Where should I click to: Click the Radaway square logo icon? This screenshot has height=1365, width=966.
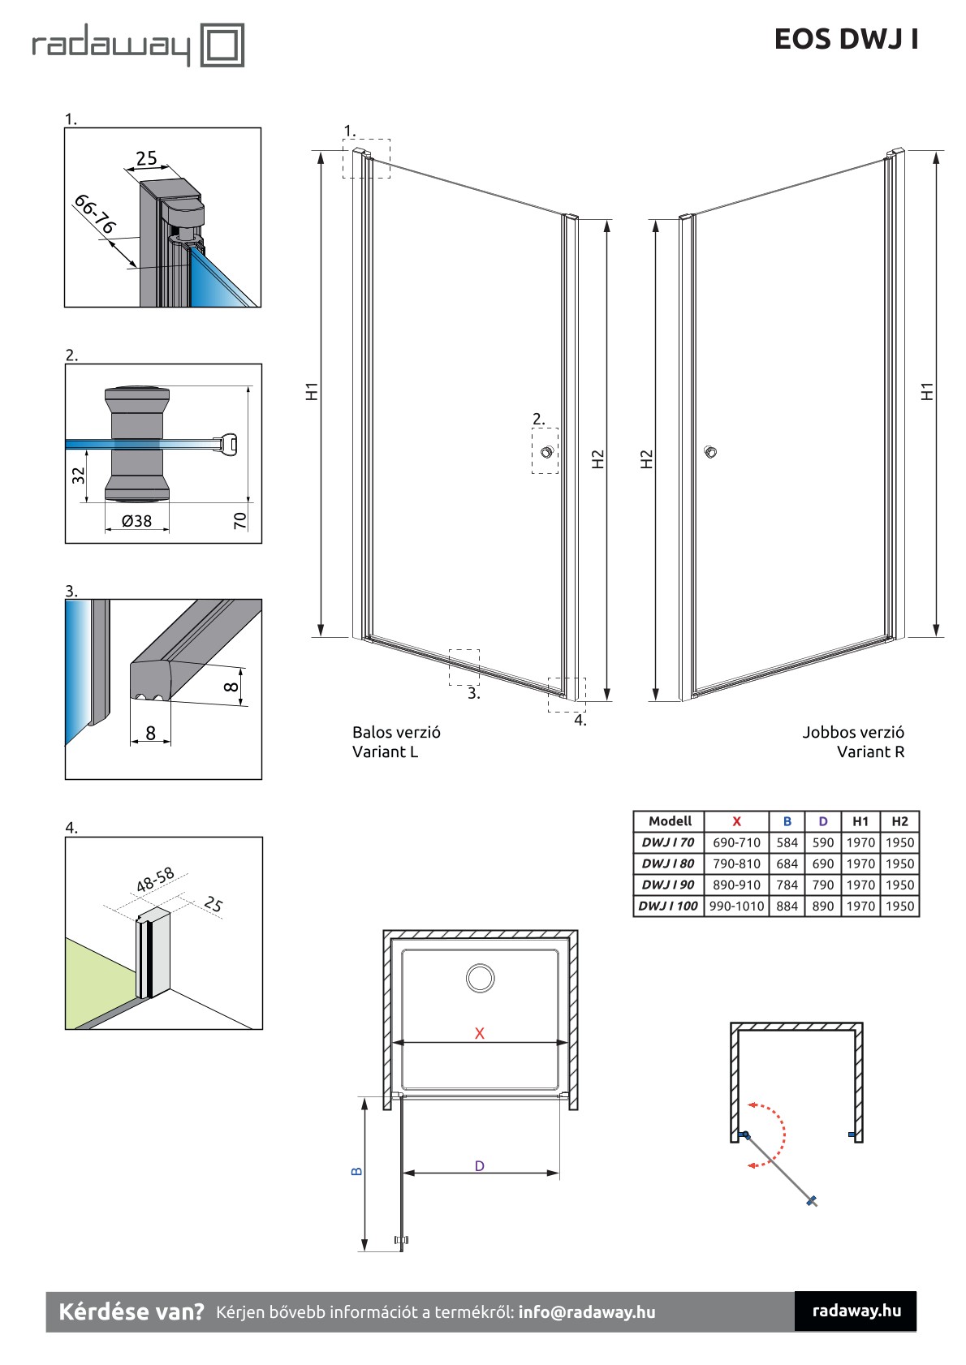click(222, 45)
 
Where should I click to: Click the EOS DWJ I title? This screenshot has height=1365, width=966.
click(846, 39)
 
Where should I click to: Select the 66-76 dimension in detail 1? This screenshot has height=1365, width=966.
click(95, 214)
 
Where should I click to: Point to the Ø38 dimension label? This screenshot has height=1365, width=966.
click(136, 522)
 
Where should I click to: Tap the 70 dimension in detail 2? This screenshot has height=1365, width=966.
click(240, 521)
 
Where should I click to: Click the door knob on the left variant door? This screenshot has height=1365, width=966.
click(546, 452)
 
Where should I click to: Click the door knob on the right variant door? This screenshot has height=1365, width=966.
click(711, 452)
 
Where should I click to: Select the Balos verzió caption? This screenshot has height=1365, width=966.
click(396, 732)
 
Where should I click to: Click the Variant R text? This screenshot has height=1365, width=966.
click(870, 752)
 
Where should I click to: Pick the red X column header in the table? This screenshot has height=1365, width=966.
click(736, 821)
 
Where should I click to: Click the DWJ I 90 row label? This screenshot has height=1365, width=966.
click(667, 885)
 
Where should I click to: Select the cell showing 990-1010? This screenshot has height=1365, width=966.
click(736, 906)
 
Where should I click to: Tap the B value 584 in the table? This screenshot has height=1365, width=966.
click(787, 842)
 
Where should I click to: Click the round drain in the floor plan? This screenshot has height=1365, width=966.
click(481, 978)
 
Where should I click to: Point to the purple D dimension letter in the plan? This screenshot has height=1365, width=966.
click(480, 1166)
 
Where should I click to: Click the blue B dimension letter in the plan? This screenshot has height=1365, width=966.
click(356, 1172)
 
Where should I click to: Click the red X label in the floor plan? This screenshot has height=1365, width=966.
click(480, 1033)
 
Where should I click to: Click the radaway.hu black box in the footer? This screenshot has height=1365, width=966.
click(856, 1311)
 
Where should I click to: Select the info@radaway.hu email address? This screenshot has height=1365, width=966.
click(586, 1312)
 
